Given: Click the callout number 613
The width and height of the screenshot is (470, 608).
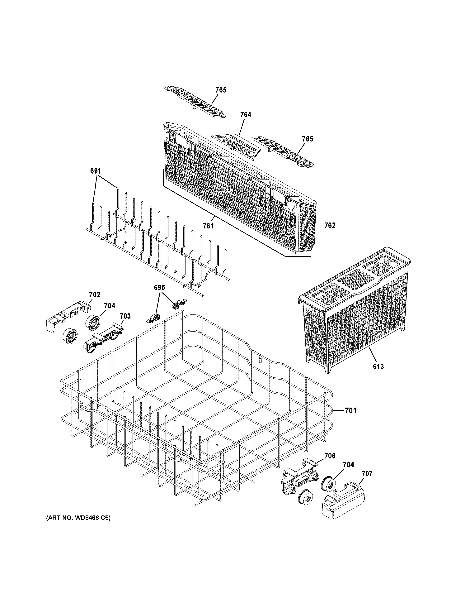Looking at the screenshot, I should tap(378, 367).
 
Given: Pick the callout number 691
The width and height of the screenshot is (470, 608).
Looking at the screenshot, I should tap(95, 171).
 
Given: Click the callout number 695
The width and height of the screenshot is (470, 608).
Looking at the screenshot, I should tap(159, 288).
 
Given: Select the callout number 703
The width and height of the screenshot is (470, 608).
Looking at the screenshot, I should tap(125, 316).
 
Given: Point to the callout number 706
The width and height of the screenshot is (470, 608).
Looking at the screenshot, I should tap(330, 456).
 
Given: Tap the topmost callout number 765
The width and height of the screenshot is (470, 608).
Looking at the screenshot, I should tap(221, 90).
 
